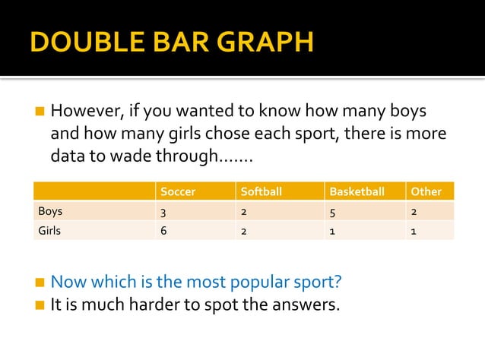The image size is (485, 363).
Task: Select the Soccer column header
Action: coord(178,191)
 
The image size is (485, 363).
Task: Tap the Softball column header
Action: coord(261,191)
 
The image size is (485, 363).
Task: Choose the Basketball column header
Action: coord(357,191)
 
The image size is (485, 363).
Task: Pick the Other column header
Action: coord(426,191)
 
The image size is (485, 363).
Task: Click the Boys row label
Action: coord(50,211)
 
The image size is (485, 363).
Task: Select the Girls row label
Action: coord(49,231)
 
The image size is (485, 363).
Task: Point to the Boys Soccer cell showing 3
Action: coord(163,212)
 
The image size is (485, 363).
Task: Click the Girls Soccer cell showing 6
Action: coord(163,231)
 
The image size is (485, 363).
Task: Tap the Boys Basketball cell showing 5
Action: coord(333,212)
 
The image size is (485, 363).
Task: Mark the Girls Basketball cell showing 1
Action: coord(332,231)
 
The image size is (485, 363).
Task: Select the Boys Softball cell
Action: coord(244,212)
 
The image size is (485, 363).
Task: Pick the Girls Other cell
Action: coord(413,231)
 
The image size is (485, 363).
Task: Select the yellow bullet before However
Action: coord(40,112)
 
